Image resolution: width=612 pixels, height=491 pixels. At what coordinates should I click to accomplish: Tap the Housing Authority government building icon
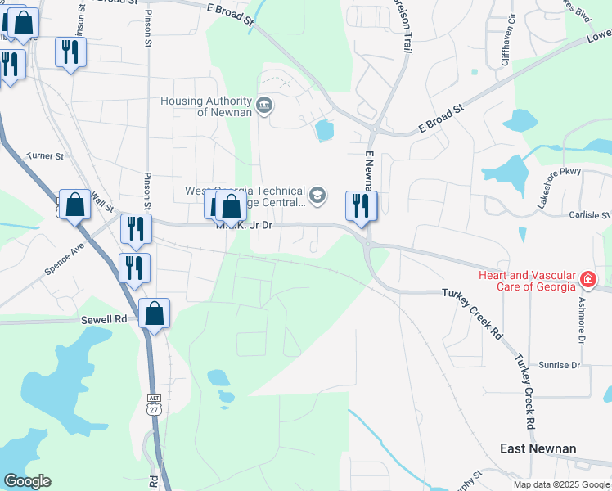tap(264, 105)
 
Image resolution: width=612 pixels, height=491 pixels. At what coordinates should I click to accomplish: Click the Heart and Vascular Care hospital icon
tap(587, 280)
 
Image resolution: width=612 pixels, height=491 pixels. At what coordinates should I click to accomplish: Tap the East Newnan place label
tap(538, 448)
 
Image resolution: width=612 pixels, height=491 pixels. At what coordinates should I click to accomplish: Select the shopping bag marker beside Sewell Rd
tap(154, 314)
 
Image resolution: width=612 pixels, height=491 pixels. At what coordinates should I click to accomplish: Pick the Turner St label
tap(45, 155)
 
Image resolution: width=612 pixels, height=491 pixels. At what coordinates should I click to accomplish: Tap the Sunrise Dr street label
tap(559, 365)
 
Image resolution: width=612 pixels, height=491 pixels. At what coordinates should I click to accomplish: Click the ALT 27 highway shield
tap(154, 404)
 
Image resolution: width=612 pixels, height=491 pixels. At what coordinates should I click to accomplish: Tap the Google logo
tap(27, 481)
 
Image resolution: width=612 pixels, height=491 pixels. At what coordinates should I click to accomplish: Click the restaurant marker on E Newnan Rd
tap(361, 206)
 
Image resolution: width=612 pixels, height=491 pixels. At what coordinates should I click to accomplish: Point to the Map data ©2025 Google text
tap(562, 484)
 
